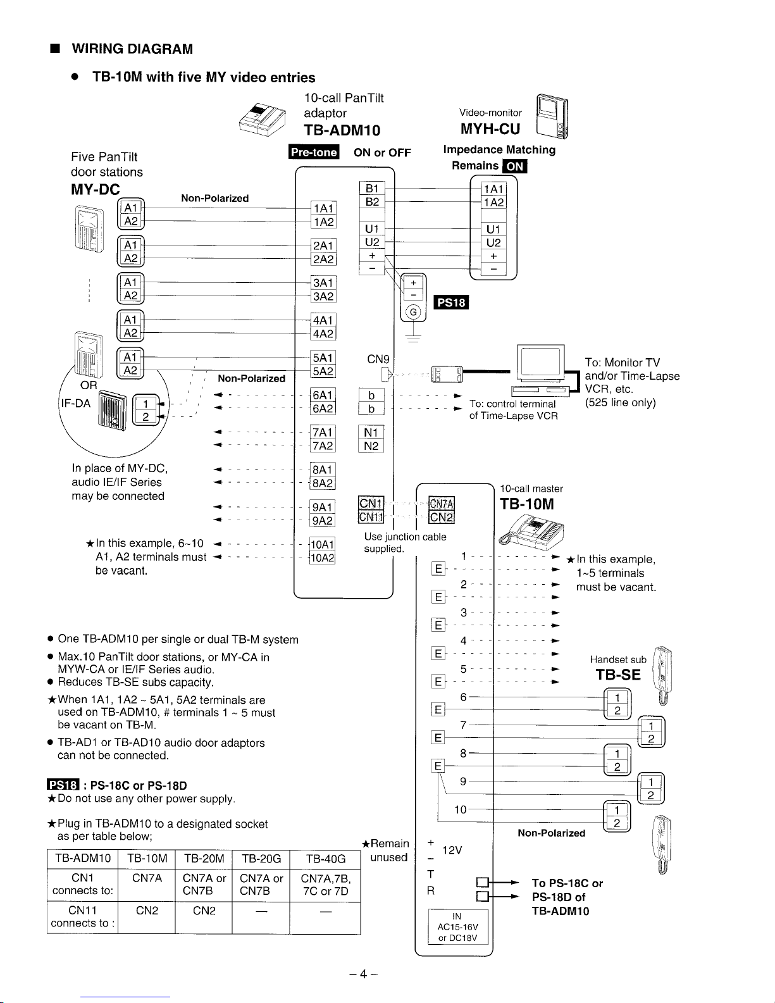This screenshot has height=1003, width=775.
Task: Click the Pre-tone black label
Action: [x=314, y=153]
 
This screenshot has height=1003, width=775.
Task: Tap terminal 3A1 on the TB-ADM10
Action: [x=323, y=283]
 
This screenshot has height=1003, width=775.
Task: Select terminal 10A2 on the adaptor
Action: [x=322, y=558]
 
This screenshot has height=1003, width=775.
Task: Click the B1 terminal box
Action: [x=371, y=188]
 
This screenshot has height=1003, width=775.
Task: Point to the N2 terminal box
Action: [x=371, y=447]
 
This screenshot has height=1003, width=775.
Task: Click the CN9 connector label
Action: [x=378, y=359]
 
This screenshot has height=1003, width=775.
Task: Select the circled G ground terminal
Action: [x=414, y=312]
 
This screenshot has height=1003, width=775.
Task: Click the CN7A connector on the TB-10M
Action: [x=442, y=504]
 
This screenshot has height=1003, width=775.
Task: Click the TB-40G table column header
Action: [x=326, y=859]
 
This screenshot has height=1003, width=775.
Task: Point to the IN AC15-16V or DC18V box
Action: [x=457, y=927]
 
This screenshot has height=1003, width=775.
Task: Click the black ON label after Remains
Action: [x=514, y=166]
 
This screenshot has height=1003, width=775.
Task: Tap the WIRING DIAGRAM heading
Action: [x=132, y=49]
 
